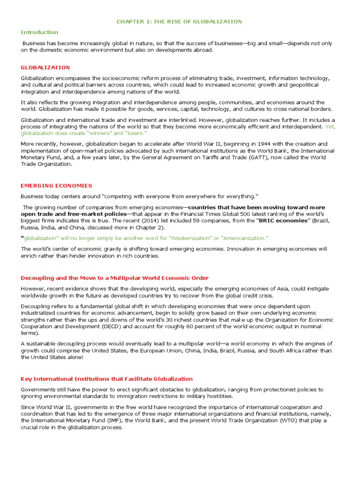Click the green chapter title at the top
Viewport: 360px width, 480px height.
pyautogui.click(x=179, y=22)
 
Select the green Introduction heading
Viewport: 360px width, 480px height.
pyautogui.click(x=39, y=32)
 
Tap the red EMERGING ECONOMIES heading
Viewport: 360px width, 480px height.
pyautogui.click(x=56, y=186)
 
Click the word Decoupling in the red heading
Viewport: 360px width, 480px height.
pyautogui.click(x=37, y=278)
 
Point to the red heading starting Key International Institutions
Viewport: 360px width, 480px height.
pyautogui.click(x=106, y=379)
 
